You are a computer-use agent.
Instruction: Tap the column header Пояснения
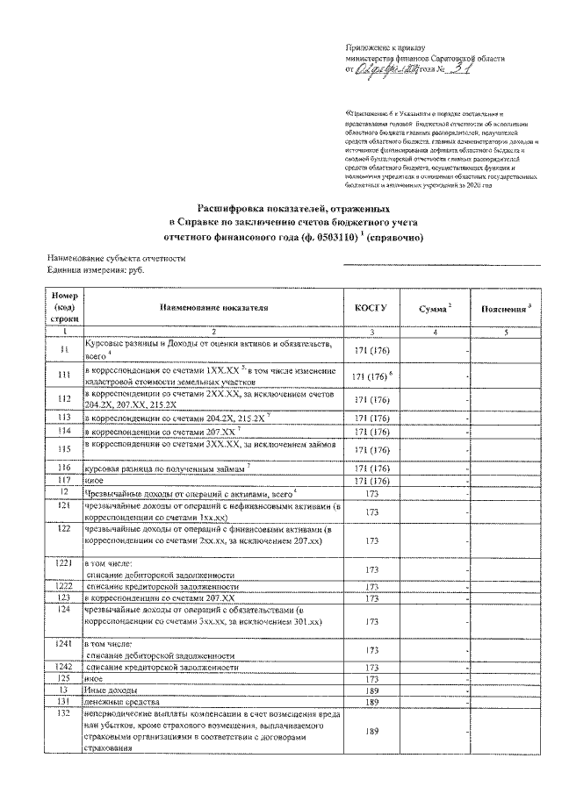503,309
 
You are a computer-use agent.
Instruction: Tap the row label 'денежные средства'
122,703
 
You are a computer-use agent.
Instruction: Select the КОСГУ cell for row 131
371,703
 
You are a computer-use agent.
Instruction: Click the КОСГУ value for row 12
371,494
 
